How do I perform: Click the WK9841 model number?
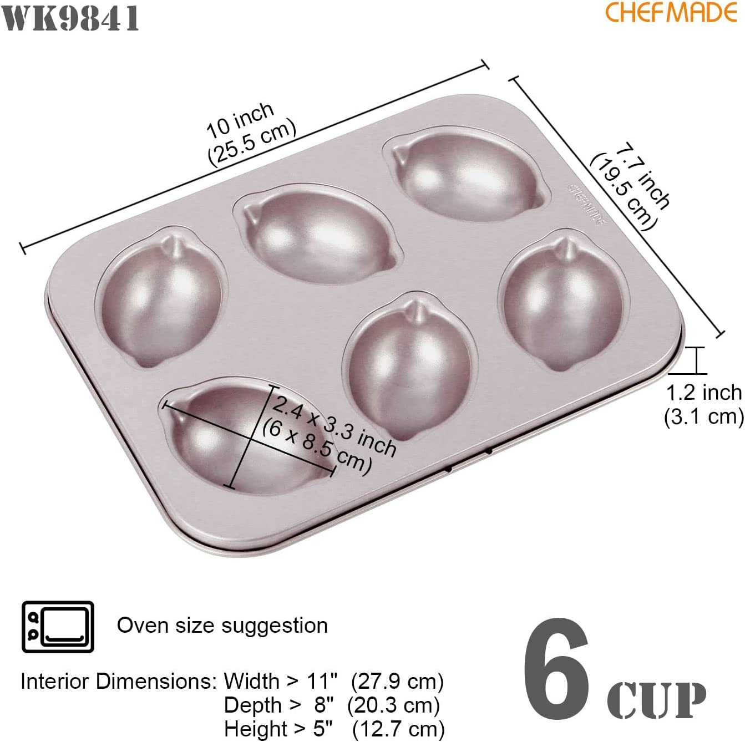71,18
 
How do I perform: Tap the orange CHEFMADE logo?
671,12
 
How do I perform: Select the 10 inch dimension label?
240,121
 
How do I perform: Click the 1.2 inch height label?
703,393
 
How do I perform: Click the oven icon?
58,627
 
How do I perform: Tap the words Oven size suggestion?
222,625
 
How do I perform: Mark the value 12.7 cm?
398,729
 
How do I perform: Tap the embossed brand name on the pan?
587,204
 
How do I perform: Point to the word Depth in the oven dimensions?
252,705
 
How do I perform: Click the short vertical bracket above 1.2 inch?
696,361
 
